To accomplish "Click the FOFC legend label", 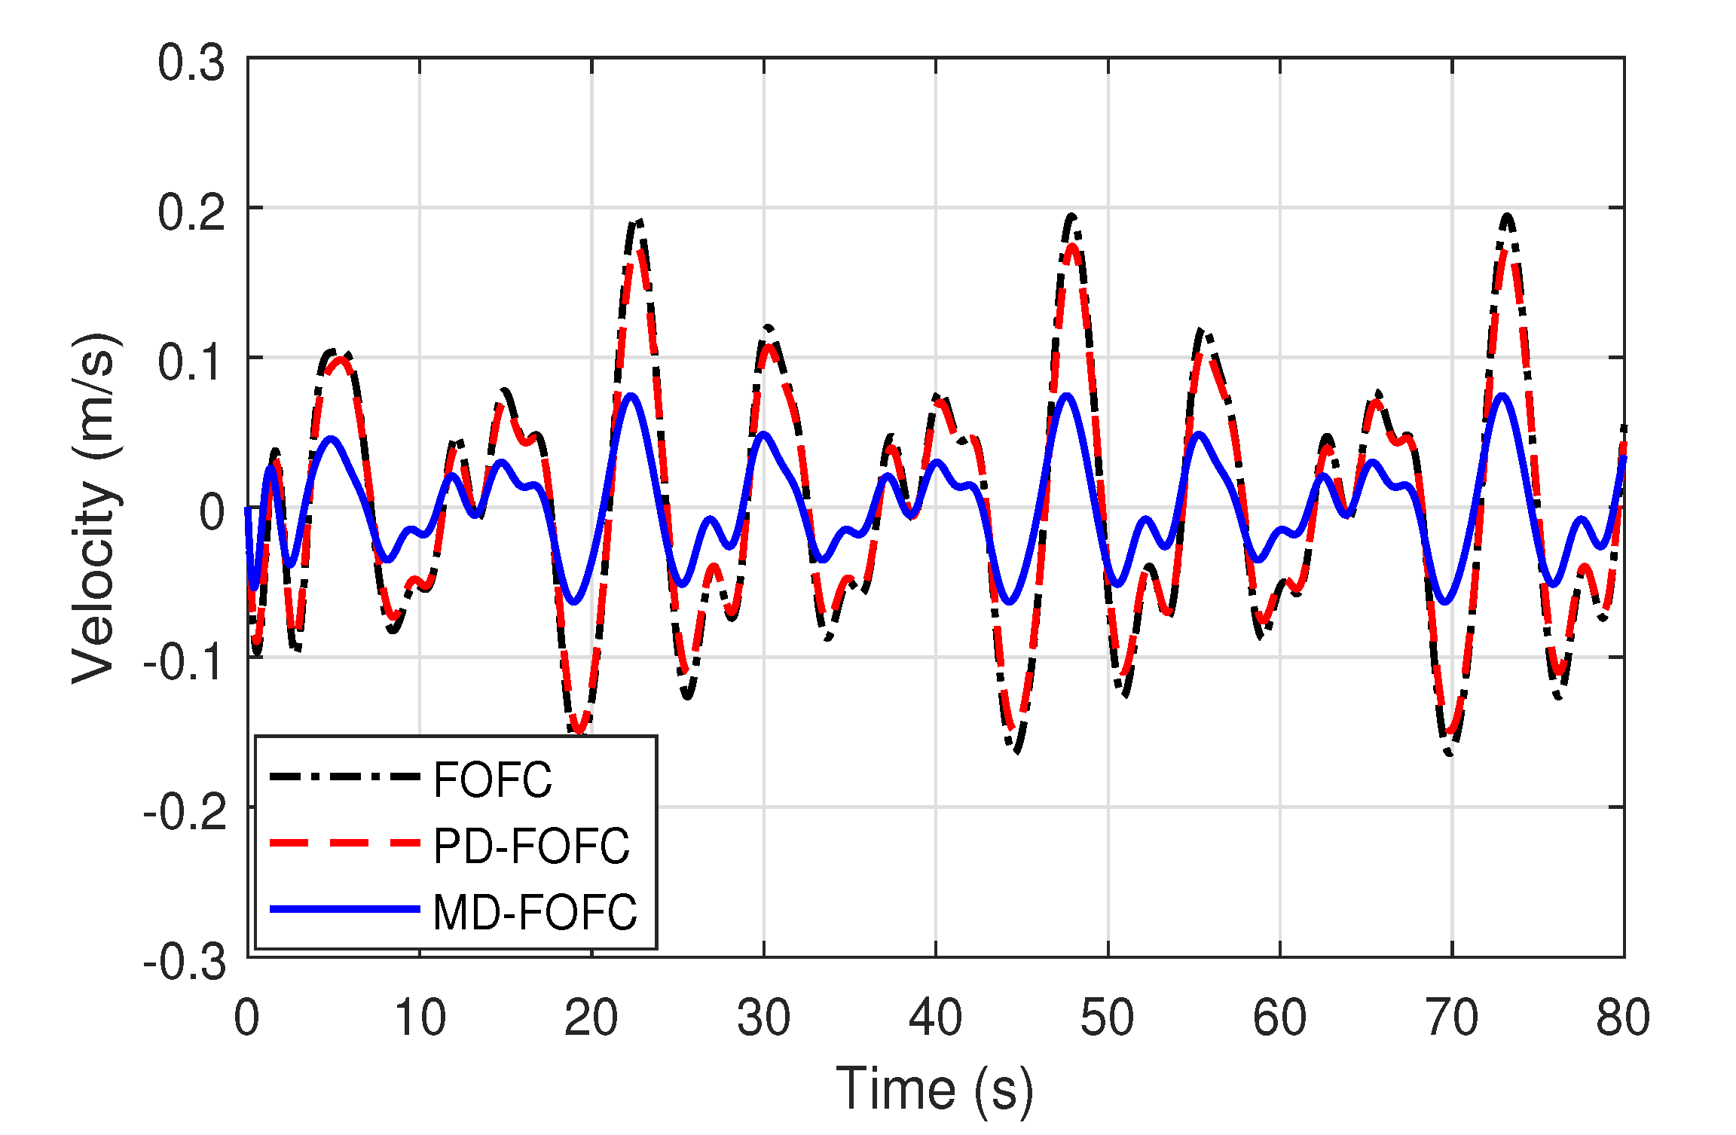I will pyautogui.click(x=492, y=780).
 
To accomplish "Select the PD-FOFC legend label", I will pyautogui.click(x=531, y=845).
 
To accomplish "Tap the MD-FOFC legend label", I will pyautogui.click(x=535, y=912).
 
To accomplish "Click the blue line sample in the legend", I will pyautogui.click(x=344, y=909).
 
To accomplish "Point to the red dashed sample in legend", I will pyautogui.click(x=344, y=843).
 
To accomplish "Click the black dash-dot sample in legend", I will pyautogui.click(x=344, y=776).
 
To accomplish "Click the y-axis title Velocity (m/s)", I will pyautogui.click(x=95, y=508).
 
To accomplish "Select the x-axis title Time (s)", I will pyautogui.click(x=934, y=1089).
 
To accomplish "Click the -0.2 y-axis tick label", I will pyautogui.click(x=185, y=813).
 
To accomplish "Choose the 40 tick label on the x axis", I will pyautogui.click(x=935, y=1018).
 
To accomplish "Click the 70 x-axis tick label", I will pyautogui.click(x=1452, y=1018).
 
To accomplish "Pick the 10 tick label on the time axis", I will pyautogui.click(x=420, y=1018).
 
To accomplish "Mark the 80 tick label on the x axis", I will pyautogui.click(x=1623, y=1018).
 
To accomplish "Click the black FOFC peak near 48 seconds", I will pyautogui.click(x=1071, y=216).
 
